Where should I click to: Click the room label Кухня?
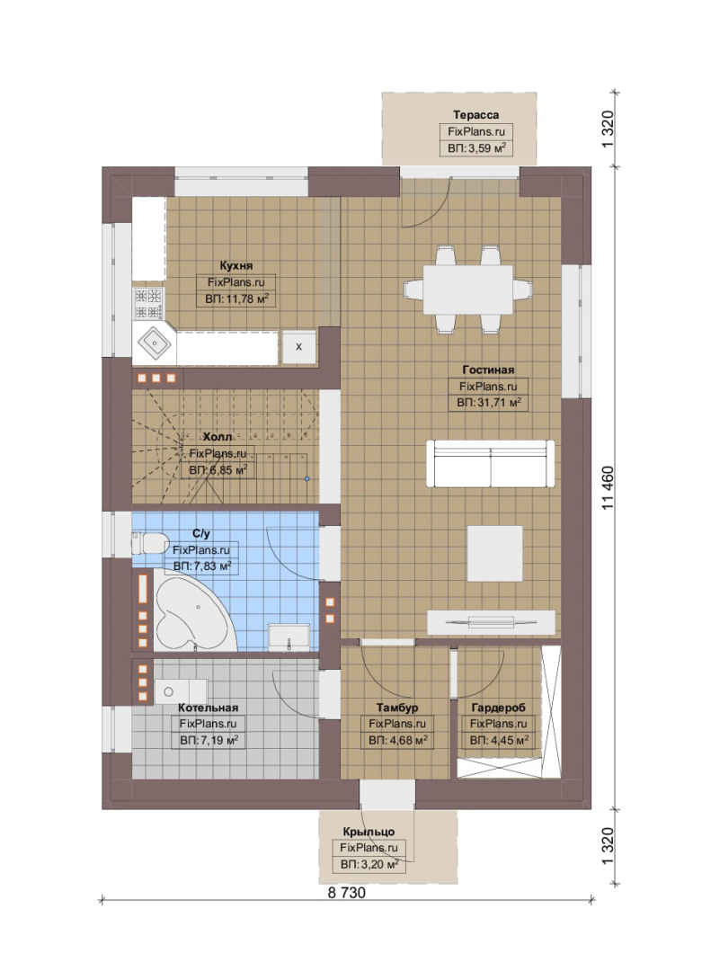(x=236, y=265)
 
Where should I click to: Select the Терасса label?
(x=475, y=114)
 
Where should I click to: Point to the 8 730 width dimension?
(x=346, y=893)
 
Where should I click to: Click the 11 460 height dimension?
(x=609, y=487)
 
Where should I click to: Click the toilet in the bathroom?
(x=150, y=544)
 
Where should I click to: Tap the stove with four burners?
(x=148, y=304)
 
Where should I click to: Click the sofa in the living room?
(x=491, y=463)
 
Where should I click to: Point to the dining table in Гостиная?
(x=468, y=290)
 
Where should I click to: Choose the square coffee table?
(x=495, y=554)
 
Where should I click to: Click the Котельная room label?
(x=209, y=708)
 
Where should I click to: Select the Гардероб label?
(x=498, y=708)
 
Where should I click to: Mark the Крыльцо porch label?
(x=369, y=832)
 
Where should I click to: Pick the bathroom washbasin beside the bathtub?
(x=289, y=637)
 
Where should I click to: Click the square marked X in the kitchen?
(x=299, y=347)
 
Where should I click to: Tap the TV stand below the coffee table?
(x=491, y=622)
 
